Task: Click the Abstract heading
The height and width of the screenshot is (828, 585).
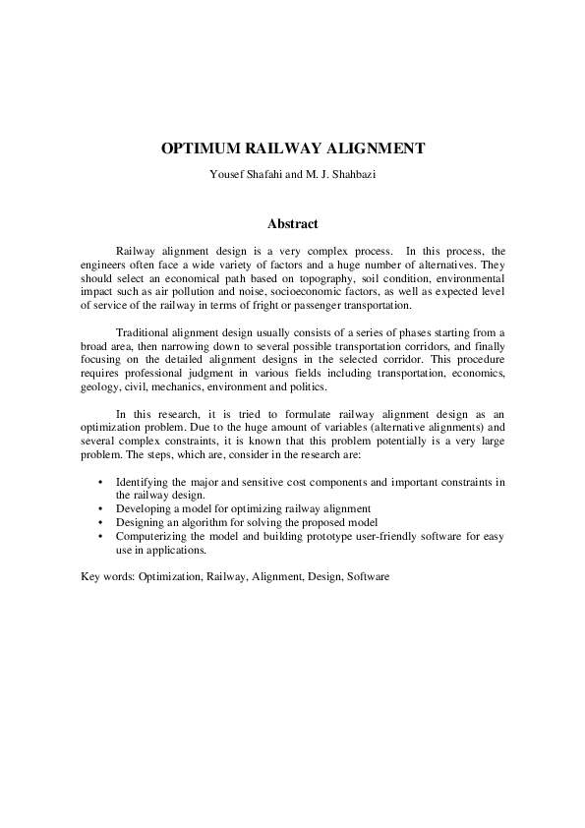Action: tap(292, 224)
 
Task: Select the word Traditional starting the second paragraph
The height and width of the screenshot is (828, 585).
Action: tap(145, 332)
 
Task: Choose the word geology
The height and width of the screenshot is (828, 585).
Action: tap(98, 387)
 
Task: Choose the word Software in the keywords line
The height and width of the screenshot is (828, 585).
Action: tap(368, 576)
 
